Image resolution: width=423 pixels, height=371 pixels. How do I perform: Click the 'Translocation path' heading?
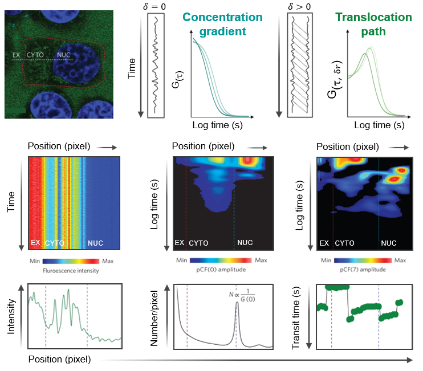373,24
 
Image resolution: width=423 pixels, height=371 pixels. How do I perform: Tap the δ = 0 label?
160,6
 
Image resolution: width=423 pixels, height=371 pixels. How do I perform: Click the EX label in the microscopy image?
17,56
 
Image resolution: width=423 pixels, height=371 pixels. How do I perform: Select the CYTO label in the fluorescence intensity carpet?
55,243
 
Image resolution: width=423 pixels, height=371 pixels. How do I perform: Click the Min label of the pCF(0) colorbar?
182,260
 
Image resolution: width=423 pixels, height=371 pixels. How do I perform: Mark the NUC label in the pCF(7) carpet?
389,243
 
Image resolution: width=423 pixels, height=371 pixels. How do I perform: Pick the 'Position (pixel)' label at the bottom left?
59,359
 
